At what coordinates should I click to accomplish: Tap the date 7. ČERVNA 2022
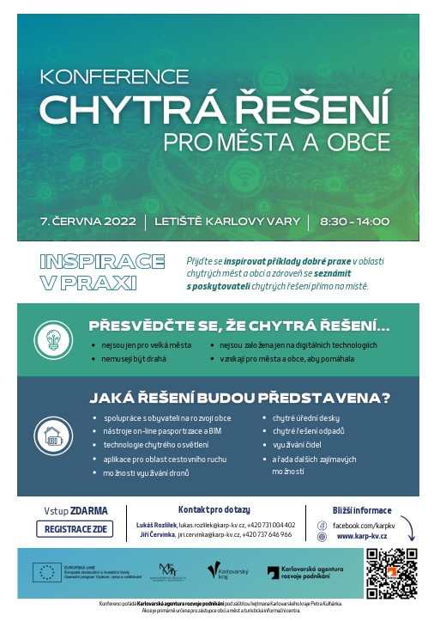[x=88, y=221]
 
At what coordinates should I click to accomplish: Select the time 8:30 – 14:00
[x=354, y=221]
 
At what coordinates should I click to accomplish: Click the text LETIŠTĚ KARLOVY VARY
[x=227, y=221]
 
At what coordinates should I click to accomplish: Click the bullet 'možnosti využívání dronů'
[x=147, y=472]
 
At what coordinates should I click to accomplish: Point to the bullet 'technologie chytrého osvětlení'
[x=155, y=445]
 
